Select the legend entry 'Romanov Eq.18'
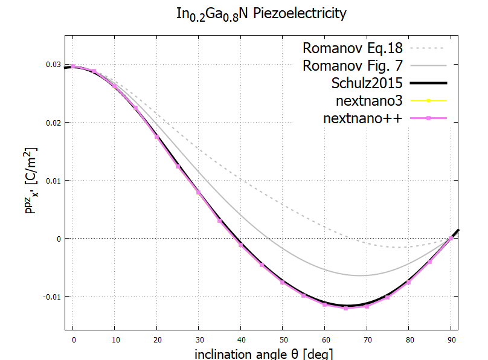352,47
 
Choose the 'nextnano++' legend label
362,117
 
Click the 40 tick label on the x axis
241,338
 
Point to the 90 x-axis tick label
451,338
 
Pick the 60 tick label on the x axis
325,338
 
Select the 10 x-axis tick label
115,338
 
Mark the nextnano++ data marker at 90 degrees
451,239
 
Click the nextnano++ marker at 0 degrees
73,66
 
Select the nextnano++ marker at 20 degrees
157,137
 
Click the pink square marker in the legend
428,117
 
